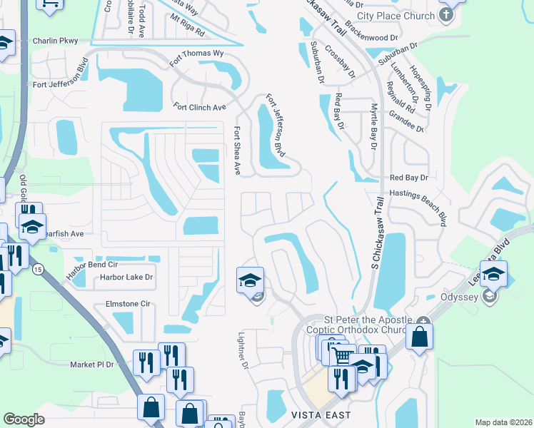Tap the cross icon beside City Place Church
click(x=447, y=15)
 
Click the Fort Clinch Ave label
click(x=199, y=107)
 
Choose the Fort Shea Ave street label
click(x=237, y=151)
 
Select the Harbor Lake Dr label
click(x=126, y=277)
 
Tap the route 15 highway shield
click(x=36, y=268)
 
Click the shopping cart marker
click(x=343, y=355)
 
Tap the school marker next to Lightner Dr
click(x=250, y=280)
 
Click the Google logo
click(x=24, y=419)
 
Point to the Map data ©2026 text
click(x=504, y=422)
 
